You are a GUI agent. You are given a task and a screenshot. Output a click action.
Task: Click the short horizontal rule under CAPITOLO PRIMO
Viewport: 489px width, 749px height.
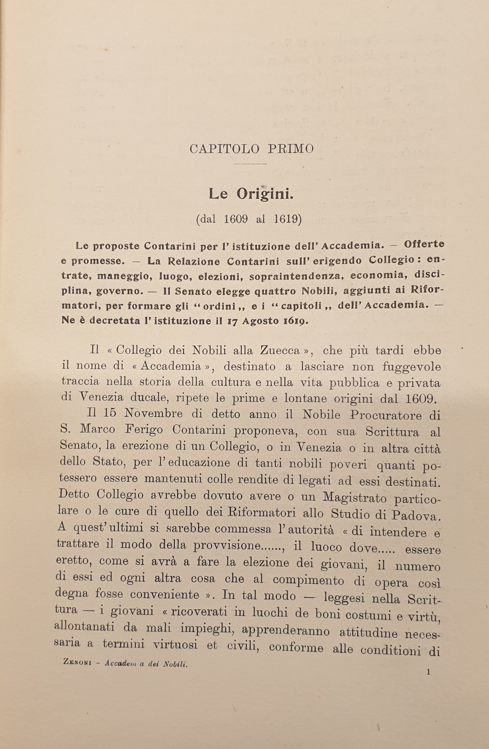(x=251, y=164)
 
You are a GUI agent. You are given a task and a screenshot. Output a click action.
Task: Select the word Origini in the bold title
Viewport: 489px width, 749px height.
(x=265, y=194)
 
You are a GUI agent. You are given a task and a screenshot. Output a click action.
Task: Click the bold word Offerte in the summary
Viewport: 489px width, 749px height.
(x=424, y=245)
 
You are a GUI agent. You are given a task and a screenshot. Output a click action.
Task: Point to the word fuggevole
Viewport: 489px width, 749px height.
(x=412, y=367)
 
